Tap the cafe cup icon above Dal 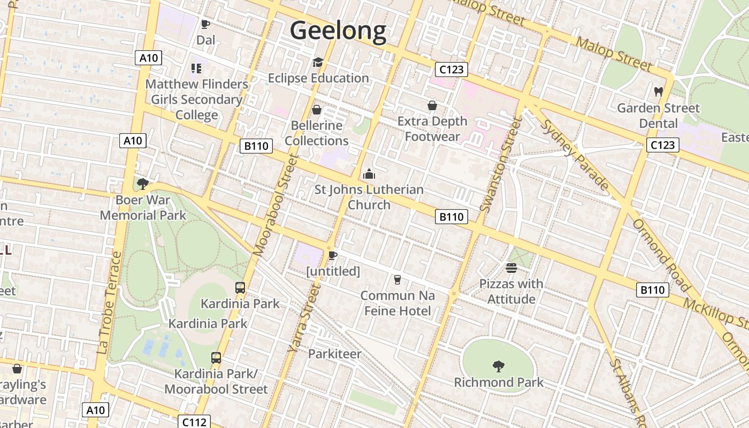205,24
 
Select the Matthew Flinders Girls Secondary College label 197,100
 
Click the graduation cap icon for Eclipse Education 318,63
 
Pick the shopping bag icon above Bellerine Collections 317,110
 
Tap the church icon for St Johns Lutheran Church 369,174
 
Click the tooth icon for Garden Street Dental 658,92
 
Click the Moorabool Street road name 276,205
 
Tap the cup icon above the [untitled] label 332,255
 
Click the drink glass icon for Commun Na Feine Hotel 397,279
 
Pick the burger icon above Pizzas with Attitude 511,268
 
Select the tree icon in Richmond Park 499,366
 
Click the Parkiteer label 334,354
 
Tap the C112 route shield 194,422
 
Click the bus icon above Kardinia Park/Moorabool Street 216,357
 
